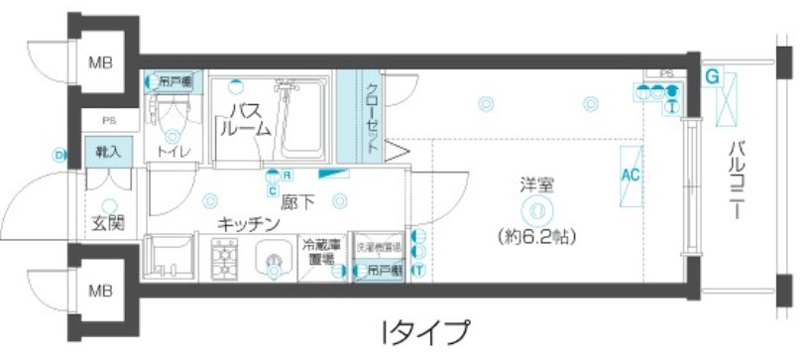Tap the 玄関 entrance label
108,222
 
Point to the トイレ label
174,152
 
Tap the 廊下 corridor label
297,203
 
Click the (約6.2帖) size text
535,237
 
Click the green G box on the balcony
712,74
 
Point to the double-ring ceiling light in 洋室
535,208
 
